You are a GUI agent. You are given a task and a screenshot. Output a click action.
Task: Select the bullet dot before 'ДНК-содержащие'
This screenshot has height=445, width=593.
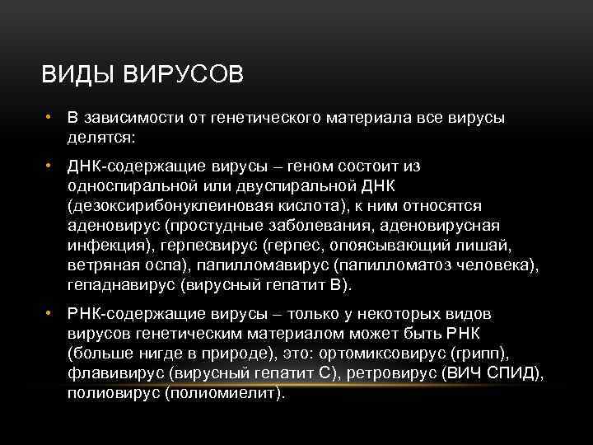[x=49, y=166]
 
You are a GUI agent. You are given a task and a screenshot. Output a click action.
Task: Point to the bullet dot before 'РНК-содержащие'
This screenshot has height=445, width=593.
[x=49, y=314]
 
